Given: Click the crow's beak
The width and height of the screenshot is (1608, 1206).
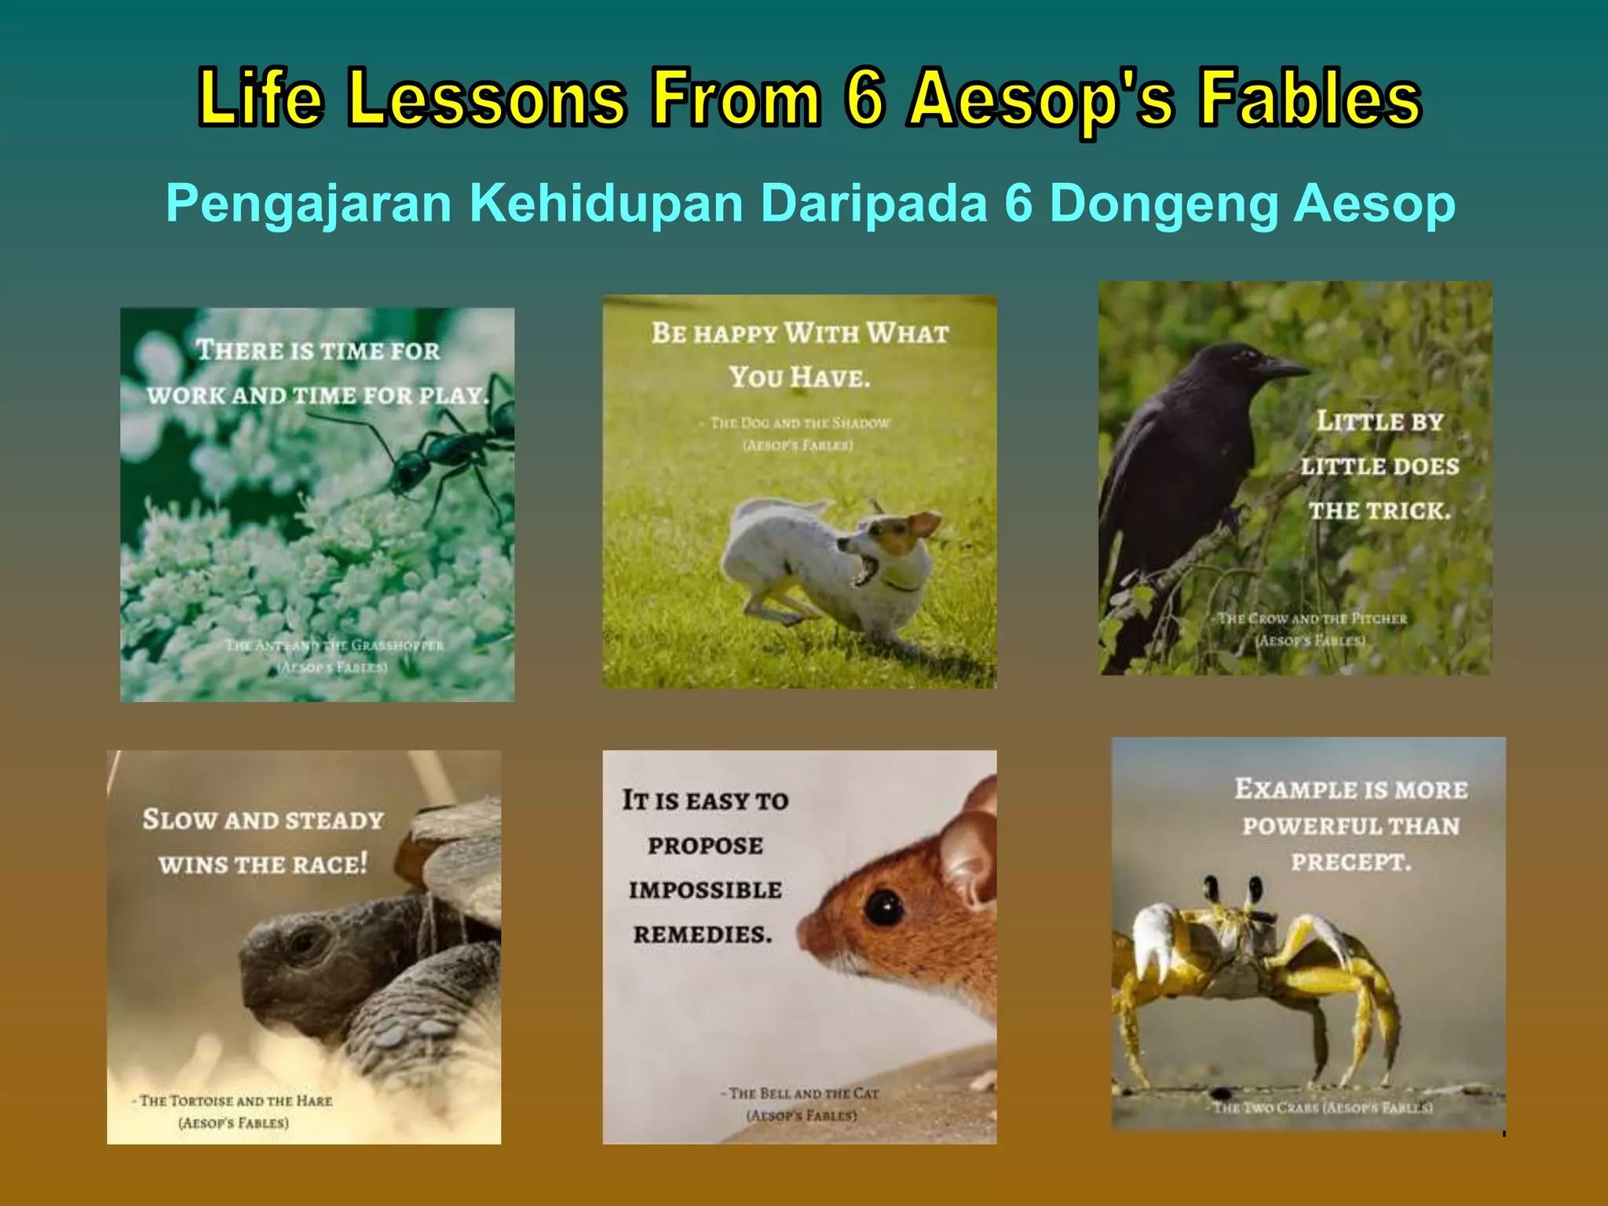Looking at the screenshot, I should (1285, 366).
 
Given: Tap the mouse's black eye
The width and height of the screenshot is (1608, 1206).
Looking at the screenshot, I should (885, 908).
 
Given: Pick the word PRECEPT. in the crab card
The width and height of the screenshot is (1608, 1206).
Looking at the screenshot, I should (1350, 862).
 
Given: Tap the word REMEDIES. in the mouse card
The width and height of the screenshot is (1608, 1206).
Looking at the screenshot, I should (703, 934).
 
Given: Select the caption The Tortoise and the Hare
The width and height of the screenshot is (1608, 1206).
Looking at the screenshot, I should (236, 1101).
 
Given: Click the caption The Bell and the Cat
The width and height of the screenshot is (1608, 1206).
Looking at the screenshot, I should (803, 1093).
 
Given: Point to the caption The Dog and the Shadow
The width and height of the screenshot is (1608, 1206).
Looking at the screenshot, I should (799, 423).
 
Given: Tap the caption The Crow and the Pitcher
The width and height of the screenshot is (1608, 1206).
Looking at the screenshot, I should (1312, 619).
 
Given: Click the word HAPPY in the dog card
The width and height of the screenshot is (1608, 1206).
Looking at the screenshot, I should (736, 334).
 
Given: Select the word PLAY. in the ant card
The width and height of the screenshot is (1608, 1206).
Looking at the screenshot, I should (454, 395).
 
